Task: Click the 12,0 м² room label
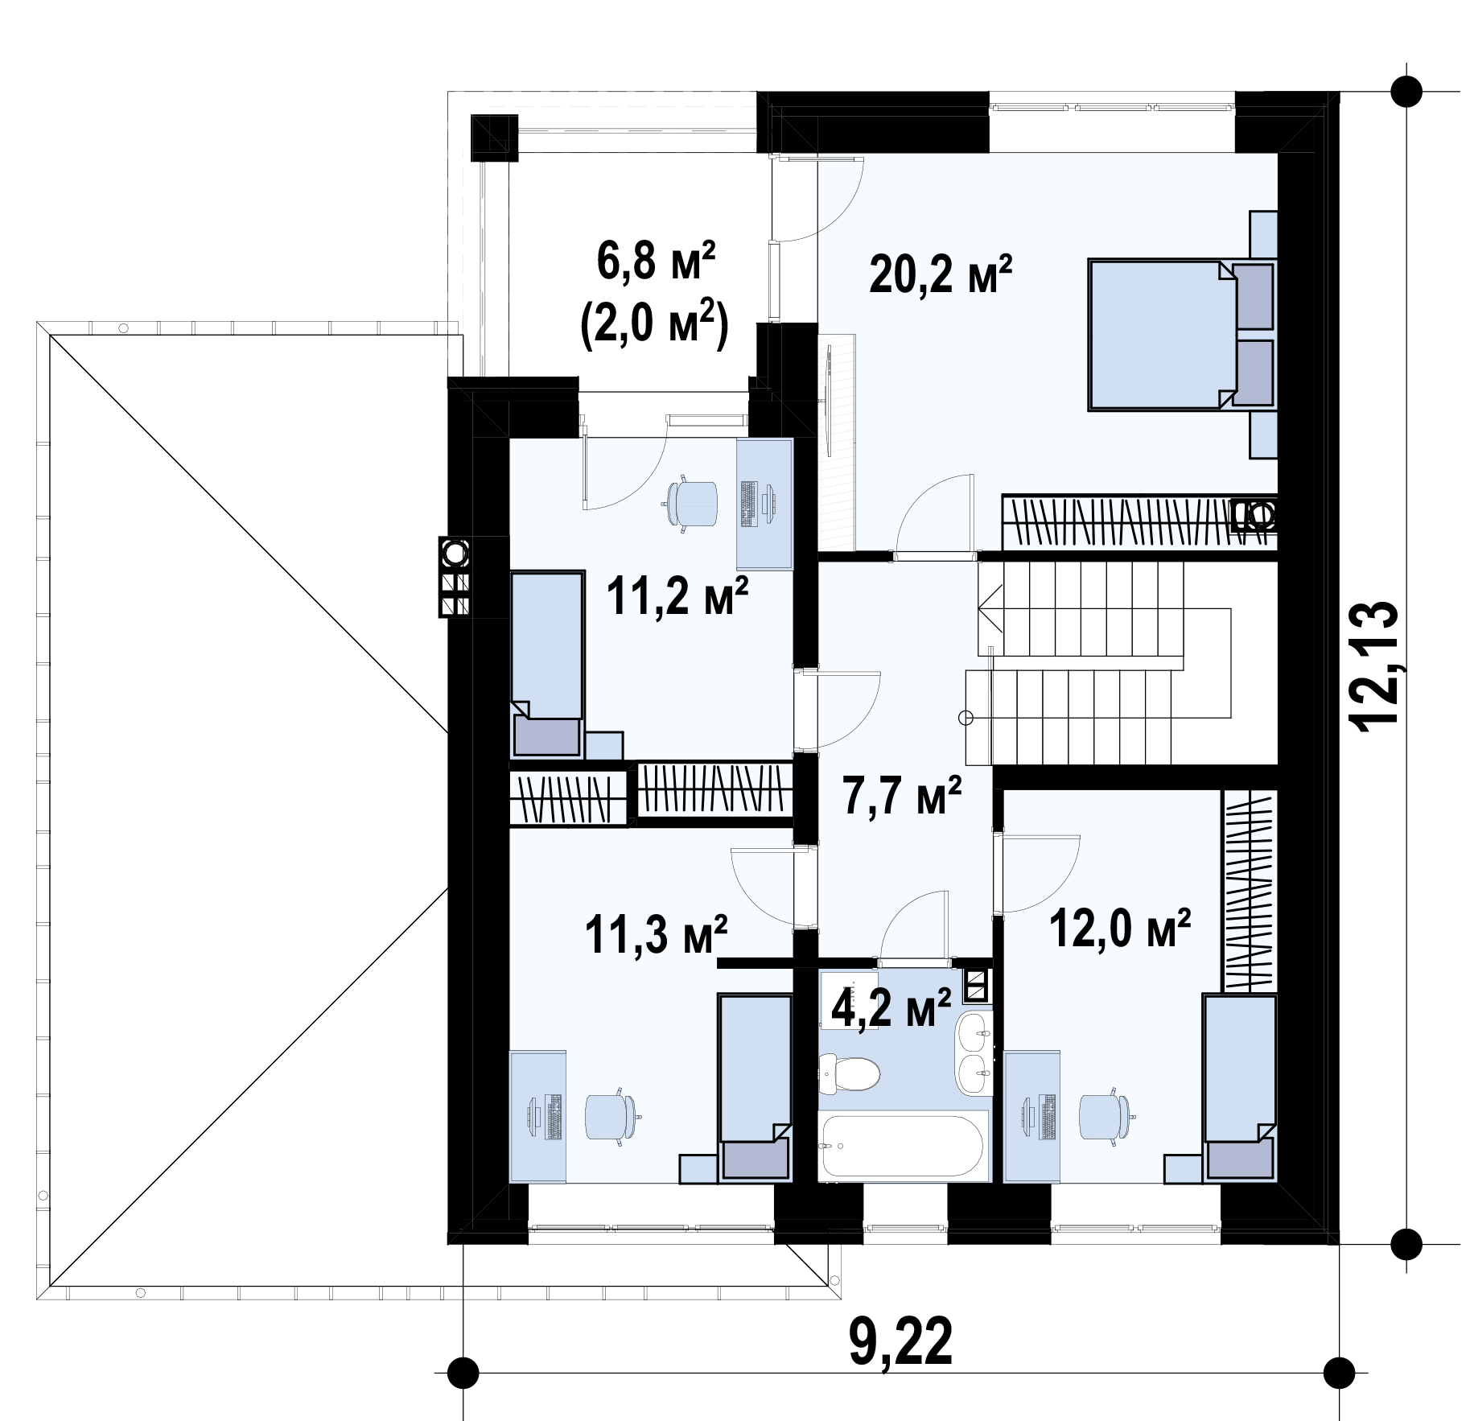[1119, 930]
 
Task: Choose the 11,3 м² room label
[657, 934]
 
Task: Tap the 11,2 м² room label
[677, 596]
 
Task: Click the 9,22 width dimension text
[900, 1341]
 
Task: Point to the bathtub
[903, 1146]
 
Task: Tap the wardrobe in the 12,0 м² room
[1250, 892]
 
